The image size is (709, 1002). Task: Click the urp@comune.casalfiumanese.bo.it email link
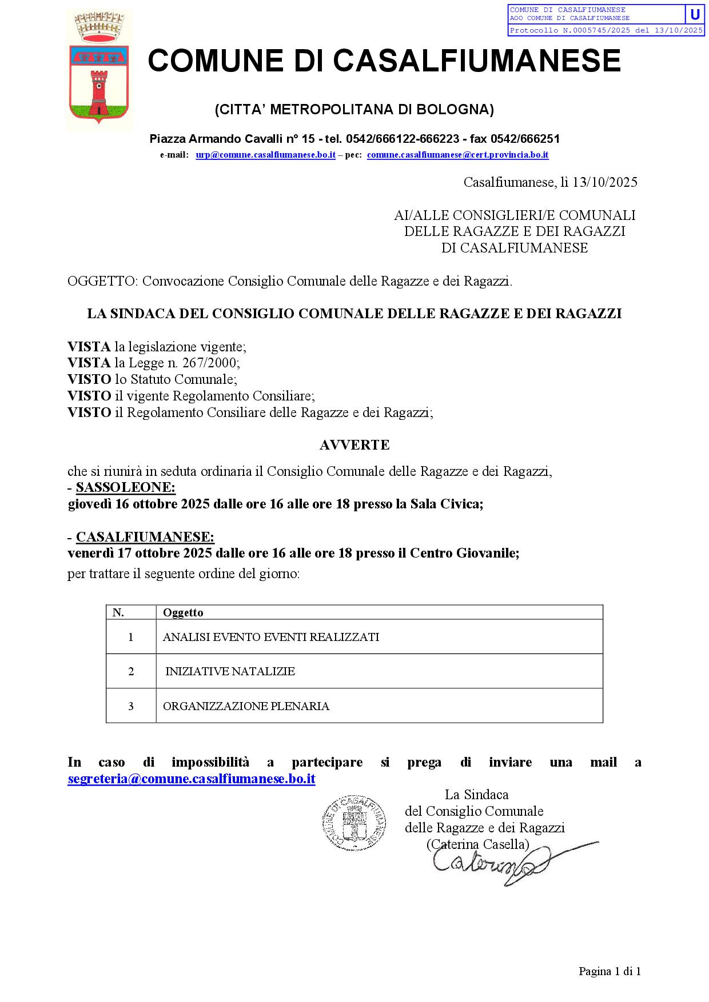click(265, 155)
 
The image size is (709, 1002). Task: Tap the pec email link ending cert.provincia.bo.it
click(457, 155)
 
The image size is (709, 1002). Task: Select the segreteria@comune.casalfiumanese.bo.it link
click(192, 779)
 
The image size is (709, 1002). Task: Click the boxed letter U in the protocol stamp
click(695, 14)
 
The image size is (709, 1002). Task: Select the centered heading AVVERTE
click(354, 445)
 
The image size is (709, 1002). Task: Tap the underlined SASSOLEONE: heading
click(126, 487)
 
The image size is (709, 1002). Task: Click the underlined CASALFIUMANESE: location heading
click(145, 537)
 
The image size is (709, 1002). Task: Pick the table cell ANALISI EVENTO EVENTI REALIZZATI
click(271, 637)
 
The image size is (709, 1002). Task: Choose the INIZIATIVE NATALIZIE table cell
click(230, 671)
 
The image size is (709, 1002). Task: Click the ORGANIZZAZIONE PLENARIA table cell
click(246, 706)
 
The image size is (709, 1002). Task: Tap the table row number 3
click(131, 706)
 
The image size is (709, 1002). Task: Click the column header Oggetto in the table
click(183, 612)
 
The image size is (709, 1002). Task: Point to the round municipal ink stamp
click(353, 824)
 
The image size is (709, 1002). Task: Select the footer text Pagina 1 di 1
click(610, 971)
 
